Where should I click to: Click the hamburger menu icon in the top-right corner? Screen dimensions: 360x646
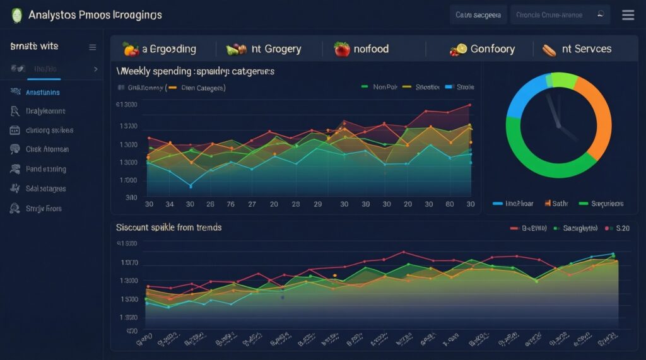[628, 15]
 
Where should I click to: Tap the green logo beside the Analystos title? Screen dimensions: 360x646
[16, 15]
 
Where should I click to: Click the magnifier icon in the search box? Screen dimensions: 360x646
[601, 14]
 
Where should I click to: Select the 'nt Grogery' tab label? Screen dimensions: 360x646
[276, 49]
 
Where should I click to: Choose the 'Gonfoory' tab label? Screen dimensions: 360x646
[492, 49]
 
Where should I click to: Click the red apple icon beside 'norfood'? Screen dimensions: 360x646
[342, 49]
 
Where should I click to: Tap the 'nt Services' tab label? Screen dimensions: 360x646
[586, 49]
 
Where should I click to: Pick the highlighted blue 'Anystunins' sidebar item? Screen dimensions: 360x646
[43, 92]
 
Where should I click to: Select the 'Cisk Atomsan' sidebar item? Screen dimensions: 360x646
[47, 149]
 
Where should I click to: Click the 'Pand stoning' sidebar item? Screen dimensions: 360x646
[45, 169]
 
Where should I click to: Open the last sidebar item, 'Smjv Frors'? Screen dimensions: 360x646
[44, 208]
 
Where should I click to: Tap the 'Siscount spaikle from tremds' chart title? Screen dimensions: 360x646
[168, 227]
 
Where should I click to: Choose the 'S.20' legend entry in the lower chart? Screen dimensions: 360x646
[622, 228]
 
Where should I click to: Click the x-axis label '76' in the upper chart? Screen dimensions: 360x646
[230, 204]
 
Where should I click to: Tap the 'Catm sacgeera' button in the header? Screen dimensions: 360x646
[478, 15]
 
